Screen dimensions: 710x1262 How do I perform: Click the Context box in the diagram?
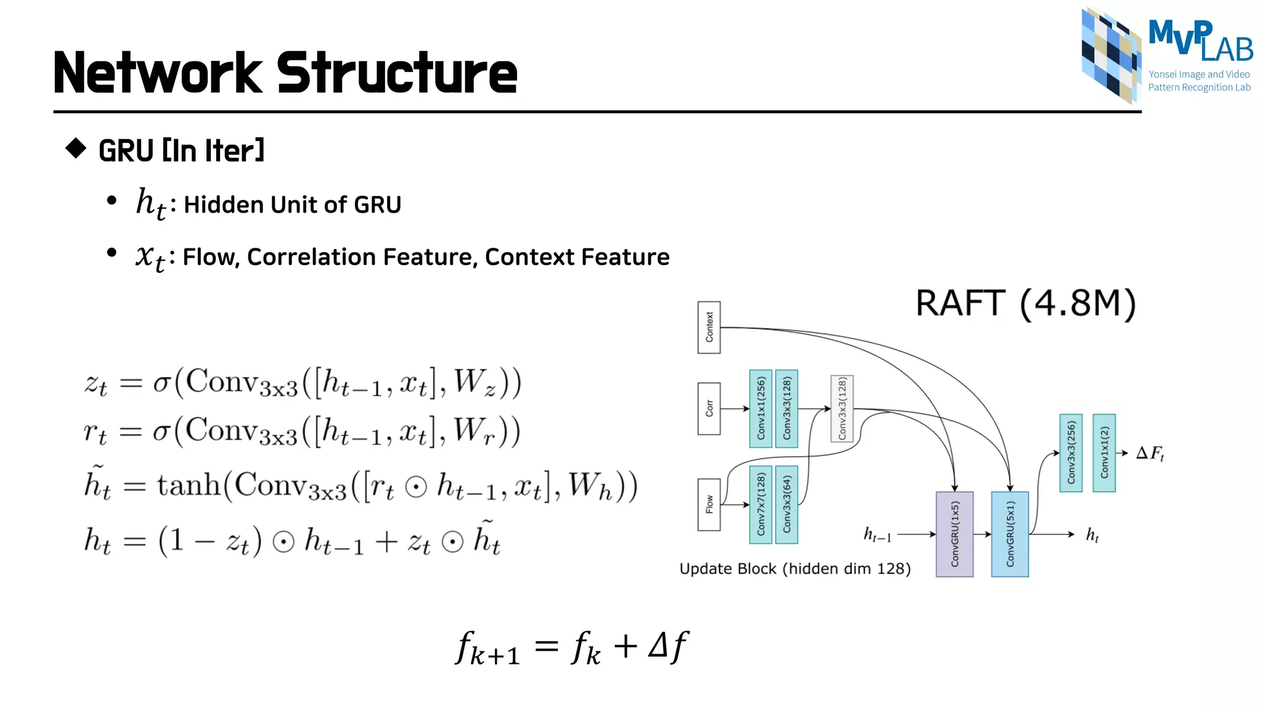coord(709,327)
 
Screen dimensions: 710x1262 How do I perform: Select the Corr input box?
coord(709,408)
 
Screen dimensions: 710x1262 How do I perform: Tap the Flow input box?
coord(709,504)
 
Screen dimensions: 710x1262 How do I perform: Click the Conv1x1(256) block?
coord(760,408)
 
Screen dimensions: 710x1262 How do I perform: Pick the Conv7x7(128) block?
coord(760,504)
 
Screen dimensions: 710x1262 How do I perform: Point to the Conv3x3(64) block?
coord(786,504)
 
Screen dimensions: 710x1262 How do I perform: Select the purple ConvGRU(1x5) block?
coord(954,534)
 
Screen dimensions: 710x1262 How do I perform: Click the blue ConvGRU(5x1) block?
coord(1009,534)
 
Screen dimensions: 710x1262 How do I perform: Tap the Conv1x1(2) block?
coord(1104,452)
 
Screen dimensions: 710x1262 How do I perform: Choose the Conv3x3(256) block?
coord(1071,452)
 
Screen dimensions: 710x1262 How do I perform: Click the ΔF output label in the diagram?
coord(1150,454)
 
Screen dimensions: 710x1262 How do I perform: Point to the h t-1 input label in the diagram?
coord(877,534)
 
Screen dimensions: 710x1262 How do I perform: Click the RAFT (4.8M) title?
coord(1025,303)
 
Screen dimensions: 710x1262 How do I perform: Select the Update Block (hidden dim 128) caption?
coord(795,568)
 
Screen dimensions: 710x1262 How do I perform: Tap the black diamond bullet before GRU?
coord(76,148)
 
